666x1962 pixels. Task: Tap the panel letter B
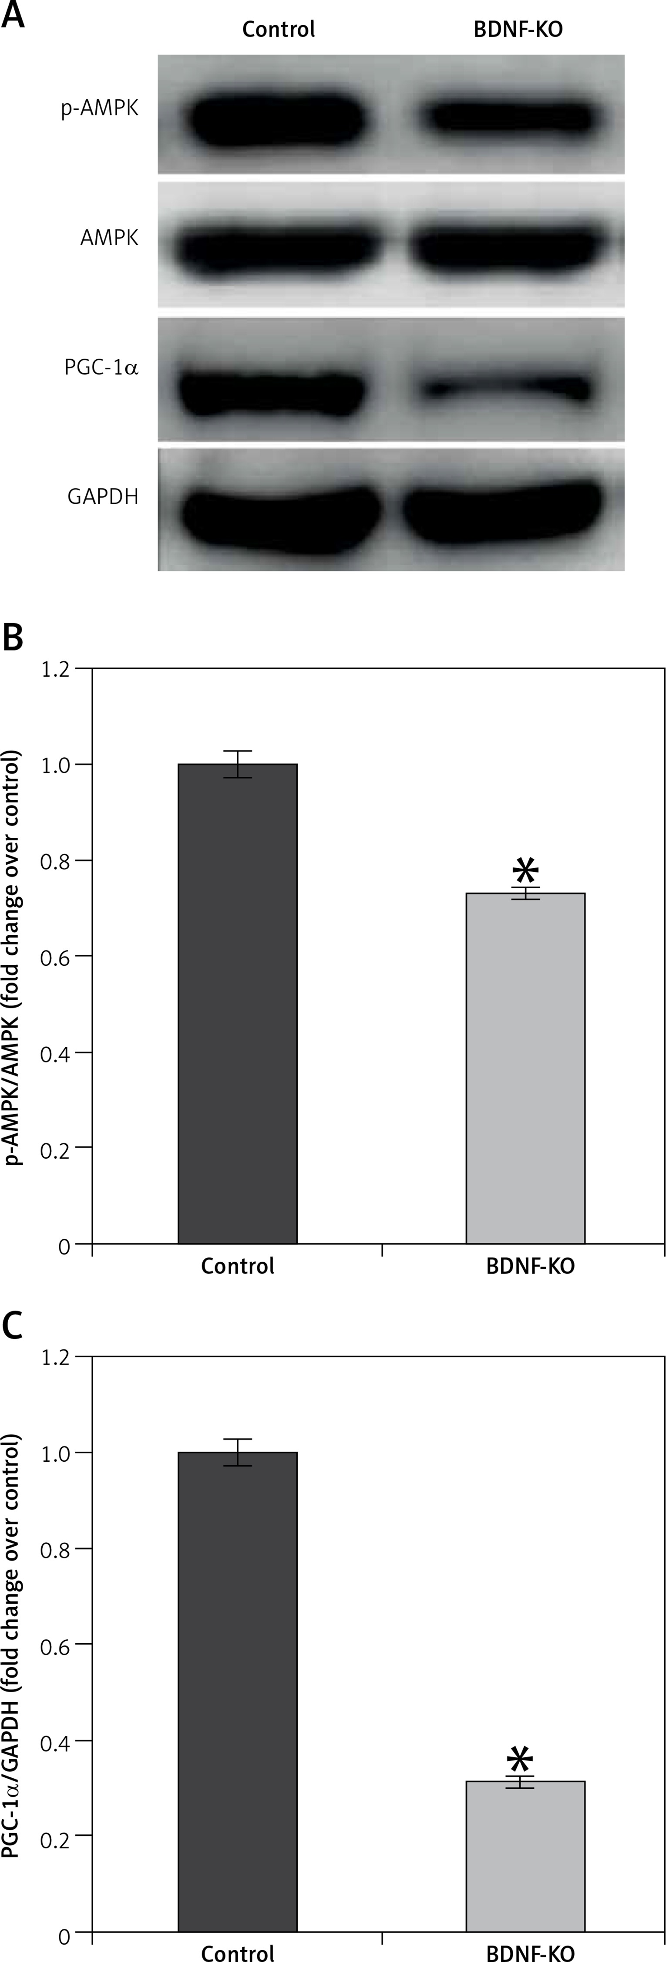pos(13,637)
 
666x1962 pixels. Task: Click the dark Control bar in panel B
pos(238,1005)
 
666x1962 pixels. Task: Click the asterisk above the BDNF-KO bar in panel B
pos(525,870)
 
